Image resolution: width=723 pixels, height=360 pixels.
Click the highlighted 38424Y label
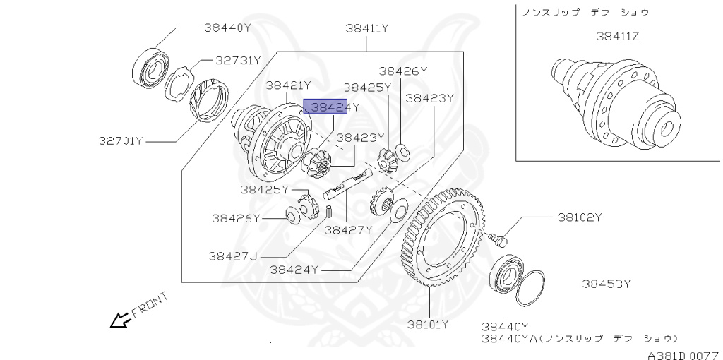pyautogui.click(x=331, y=107)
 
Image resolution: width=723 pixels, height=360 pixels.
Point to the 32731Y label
pyautogui.click(x=228, y=61)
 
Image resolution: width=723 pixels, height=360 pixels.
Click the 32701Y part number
pyautogui.click(x=121, y=140)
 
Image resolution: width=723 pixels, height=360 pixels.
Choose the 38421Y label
pyautogui.click(x=288, y=85)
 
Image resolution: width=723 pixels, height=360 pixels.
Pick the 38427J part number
pyautogui.click(x=233, y=256)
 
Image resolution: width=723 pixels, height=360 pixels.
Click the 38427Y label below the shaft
pyautogui.click(x=348, y=229)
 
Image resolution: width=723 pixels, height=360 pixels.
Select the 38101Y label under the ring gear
pyautogui.click(x=428, y=325)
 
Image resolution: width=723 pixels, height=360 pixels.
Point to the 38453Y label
pyautogui.click(x=606, y=284)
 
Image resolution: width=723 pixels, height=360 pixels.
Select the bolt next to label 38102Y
pyautogui.click(x=500, y=240)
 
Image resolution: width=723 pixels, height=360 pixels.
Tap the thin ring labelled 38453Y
pyautogui.click(x=530, y=287)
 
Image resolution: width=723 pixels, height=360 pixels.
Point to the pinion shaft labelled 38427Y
pyautogui.click(x=346, y=184)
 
